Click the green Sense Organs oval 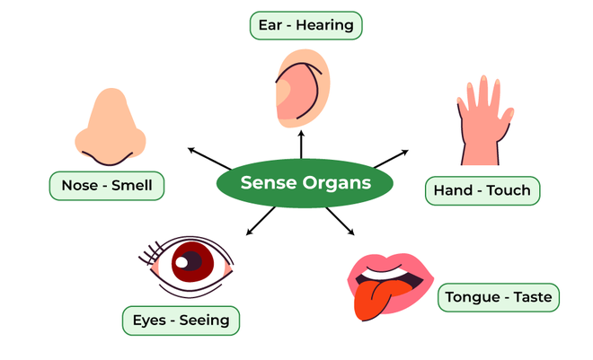pos(305,184)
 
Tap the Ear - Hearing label pos(305,25)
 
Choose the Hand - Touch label pos(482,190)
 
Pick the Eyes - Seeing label pos(181,320)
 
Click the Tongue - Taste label pos(500,296)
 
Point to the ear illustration pos(303,85)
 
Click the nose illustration pos(109,130)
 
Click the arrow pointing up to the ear pos(301,146)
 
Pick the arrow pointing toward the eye pos(261,221)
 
